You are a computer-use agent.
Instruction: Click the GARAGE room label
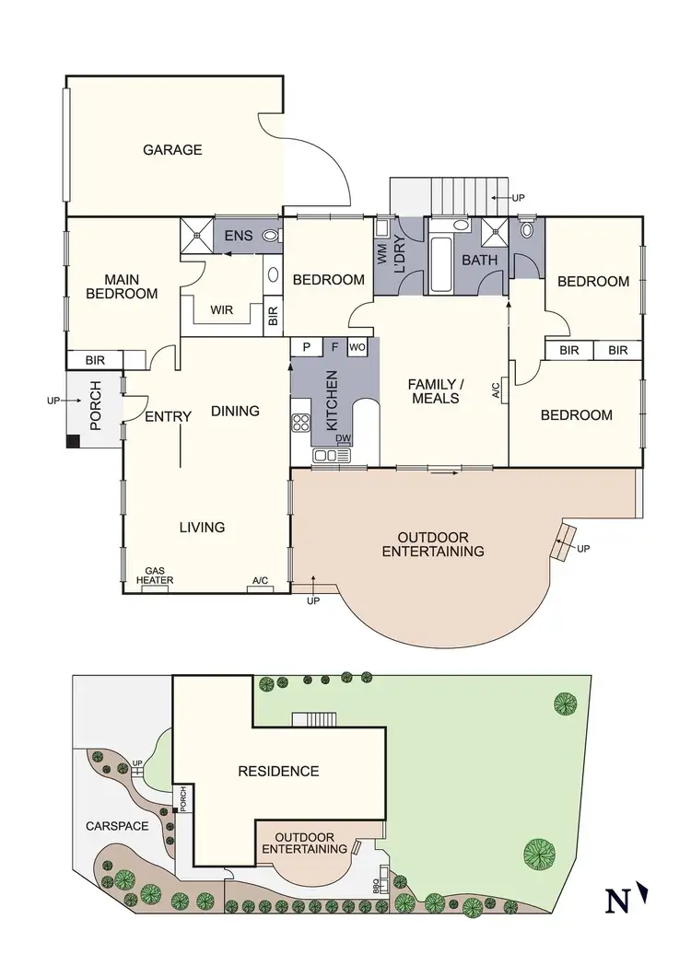pos(172,150)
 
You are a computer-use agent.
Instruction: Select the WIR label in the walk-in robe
pos(221,309)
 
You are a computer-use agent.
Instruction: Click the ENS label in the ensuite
pos(239,237)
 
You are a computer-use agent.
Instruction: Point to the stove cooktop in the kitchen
pos(301,423)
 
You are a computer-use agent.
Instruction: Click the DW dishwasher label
pos(344,438)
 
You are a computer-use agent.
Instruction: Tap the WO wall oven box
pos(357,347)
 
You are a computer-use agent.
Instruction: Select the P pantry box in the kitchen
pos(304,347)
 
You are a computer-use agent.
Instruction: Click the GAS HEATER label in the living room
pos(155,576)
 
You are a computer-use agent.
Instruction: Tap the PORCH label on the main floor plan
pos(94,408)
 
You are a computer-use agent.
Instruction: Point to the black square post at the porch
pos(73,441)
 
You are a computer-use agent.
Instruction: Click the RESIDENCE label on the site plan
pos(278,772)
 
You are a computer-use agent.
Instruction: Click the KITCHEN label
pos(332,401)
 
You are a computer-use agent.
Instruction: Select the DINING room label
pos(235,411)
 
